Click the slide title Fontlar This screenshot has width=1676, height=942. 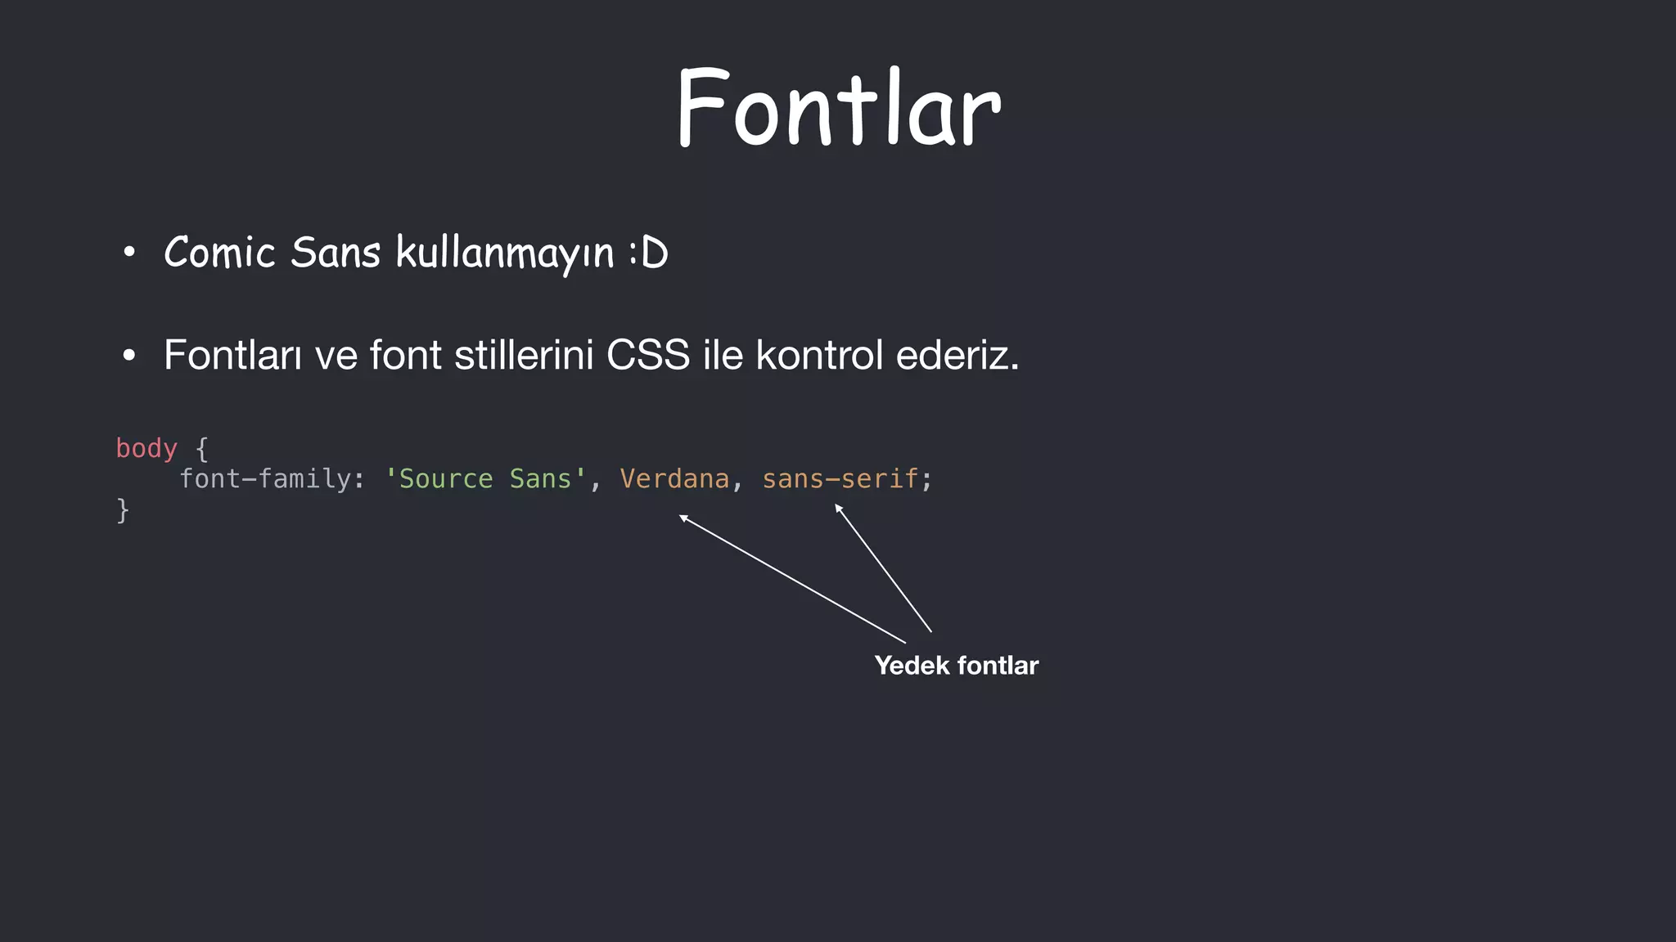(839, 108)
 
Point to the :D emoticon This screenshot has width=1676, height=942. (649, 253)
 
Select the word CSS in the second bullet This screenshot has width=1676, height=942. (648, 355)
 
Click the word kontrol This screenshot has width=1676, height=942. (819, 355)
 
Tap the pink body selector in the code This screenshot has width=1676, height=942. (146, 448)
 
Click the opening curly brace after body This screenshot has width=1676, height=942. (202, 449)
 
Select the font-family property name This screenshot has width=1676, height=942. (266, 478)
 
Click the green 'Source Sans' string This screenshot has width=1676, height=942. (486, 478)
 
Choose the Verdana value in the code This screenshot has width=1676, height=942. (674, 478)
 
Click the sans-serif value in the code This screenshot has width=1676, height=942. (840, 478)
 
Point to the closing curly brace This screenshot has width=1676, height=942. (123, 509)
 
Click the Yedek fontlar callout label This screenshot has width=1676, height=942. (956, 666)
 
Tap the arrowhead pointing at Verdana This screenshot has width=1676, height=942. (683, 517)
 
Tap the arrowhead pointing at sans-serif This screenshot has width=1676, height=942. (838, 508)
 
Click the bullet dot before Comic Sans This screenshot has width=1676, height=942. (128, 253)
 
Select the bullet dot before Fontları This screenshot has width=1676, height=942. (128, 356)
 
